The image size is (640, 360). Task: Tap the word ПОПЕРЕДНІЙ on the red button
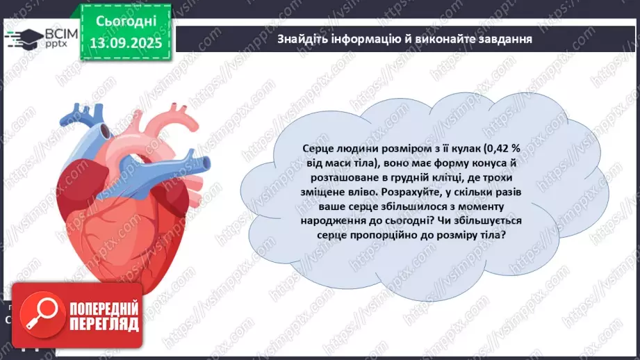click(x=104, y=308)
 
